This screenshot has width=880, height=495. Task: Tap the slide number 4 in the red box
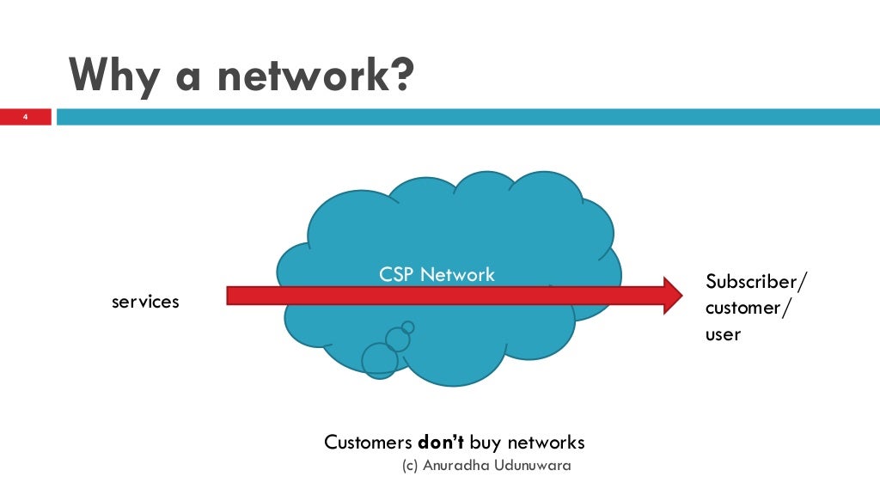tap(25, 117)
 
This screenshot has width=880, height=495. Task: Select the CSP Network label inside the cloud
tap(437, 275)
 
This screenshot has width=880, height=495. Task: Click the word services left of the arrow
tap(145, 302)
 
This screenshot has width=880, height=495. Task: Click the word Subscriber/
tap(756, 282)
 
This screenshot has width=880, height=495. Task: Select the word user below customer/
tap(723, 333)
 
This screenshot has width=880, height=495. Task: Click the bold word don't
tap(441, 443)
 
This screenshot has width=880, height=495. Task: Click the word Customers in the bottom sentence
tap(368, 443)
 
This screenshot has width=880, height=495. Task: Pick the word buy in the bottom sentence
tap(486, 443)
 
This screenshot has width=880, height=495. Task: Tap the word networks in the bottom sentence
tap(546, 443)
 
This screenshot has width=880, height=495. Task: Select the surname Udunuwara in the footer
tap(533, 465)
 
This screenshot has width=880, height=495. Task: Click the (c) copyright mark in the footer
tap(411, 465)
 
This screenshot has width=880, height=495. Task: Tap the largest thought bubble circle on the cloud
tap(380, 360)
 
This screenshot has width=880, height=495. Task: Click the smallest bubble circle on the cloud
tap(407, 327)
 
